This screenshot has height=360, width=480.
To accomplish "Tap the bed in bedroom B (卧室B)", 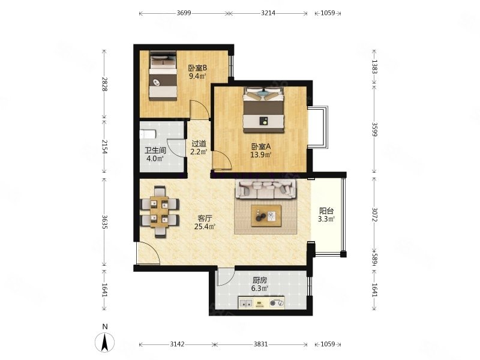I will [x=163, y=76].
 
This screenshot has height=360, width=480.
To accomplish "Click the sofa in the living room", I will [x=266, y=190].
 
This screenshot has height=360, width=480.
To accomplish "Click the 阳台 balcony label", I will [x=326, y=211].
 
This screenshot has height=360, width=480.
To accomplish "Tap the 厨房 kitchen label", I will [x=259, y=280].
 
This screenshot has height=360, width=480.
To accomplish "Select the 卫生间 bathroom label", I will [x=154, y=151].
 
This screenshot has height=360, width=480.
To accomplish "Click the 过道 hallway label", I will [x=199, y=143].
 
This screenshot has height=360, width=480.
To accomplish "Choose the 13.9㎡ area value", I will [x=261, y=155].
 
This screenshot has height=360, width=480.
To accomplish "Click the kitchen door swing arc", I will [x=226, y=278].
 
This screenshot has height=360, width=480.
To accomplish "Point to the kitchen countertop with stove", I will [x=260, y=304].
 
